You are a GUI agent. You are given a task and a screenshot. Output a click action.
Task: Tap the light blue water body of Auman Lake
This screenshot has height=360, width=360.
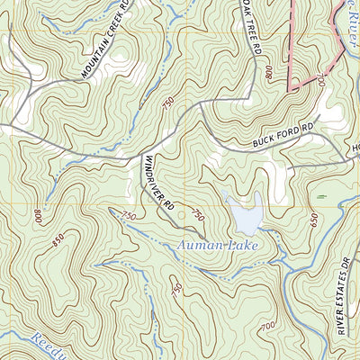coord(245,214)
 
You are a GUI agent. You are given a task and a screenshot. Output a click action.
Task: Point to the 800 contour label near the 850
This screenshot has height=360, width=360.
coord(38,217)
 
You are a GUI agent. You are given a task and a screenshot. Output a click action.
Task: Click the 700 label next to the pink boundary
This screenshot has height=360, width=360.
coord(320,82)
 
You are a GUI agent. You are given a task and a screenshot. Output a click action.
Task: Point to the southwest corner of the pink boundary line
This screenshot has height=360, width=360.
coord(289,90)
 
